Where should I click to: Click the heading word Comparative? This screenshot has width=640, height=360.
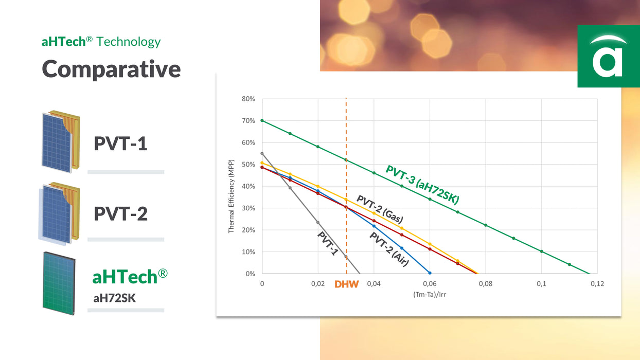pyautogui.click(x=111, y=69)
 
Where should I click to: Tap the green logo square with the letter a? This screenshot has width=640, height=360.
pyautogui.click(x=608, y=56)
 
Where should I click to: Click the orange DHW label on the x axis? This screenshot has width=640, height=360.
pyautogui.click(x=346, y=284)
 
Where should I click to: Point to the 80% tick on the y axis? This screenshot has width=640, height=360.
pyautogui.click(x=248, y=99)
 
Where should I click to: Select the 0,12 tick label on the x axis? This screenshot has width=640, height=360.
pyautogui.click(x=597, y=284)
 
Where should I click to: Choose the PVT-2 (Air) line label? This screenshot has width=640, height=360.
pyautogui.click(x=389, y=249)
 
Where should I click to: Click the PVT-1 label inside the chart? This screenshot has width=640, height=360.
pyautogui.click(x=328, y=245)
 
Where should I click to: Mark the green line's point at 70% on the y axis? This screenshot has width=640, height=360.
pyautogui.click(x=262, y=120)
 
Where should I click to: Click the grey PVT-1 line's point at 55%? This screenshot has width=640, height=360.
pyautogui.click(x=262, y=153)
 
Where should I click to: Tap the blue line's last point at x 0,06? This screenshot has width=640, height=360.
pyautogui.click(x=430, y=273)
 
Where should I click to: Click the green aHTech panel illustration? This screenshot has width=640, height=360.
pyautogui.click(x=59, y=283)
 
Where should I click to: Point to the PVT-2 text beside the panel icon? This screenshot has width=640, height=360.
pyautogui.click(x=120, y=213)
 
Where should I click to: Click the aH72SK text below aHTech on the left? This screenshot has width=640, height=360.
pyautogui.click(x=114, y=297)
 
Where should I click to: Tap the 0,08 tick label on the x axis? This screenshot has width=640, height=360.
pyautogui.click(x=485, y=284)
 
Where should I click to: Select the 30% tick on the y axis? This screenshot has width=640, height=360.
pyautogui.click(x=248, y=208)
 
